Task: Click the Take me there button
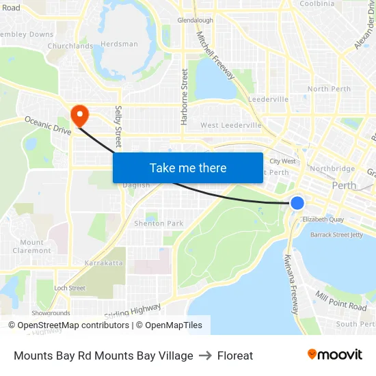pyautogui.click(x=188, y=167)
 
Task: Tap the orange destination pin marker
pyautogui.click(x=80, y=115)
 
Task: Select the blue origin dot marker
pyautogui.click(x=297, y=202)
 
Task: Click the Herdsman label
pyautogui.click(x=120, y=44)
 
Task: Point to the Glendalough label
pyautogui.click(x=196, y=21)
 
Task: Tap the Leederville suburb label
pyautogui.click(x=269, y=99)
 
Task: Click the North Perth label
pyautogui.click(x=329, y=89)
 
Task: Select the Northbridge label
pyautogui.click(x=332, y=168)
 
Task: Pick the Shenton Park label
pyautogui.click(x=159, y=224)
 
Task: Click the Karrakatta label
pyautogui.click(x=103, y=263)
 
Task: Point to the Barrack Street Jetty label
pyautogui.click(x=337, y=234)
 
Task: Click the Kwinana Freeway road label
pyautogui.click(x=291, y=284)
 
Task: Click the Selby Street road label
pyautogui.click(x=118, y=126)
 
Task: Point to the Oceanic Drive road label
pyautogui.click(x=48, y=125)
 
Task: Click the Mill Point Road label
pyautogui.click(x=341, y=300)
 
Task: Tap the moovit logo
pyautogui.click(x=335, y=355)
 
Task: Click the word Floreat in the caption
pyautogui.click(x=235, y=355)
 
